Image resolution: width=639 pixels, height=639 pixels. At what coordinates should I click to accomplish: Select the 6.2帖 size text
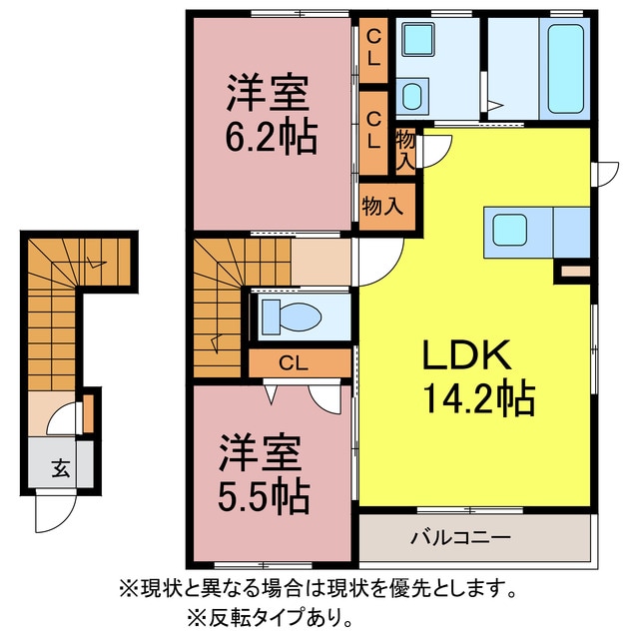pos(271,137)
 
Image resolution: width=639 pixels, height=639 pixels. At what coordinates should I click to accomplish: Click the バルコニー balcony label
pos(460,537)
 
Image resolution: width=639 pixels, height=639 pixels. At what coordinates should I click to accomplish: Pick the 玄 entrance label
pos(60,465)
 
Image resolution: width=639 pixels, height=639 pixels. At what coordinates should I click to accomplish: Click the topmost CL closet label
pos(373,46)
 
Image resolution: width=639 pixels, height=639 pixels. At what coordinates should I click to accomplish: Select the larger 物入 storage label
pos(382,207)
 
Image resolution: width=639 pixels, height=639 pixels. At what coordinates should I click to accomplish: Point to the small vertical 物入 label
pos(406,150)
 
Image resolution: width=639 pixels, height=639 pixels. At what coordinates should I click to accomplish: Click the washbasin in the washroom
pos(411,97)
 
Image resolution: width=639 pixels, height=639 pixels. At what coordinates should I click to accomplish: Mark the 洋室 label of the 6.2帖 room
pos(265,95)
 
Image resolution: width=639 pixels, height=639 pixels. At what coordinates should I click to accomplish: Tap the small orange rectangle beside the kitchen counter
pos(576,270)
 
